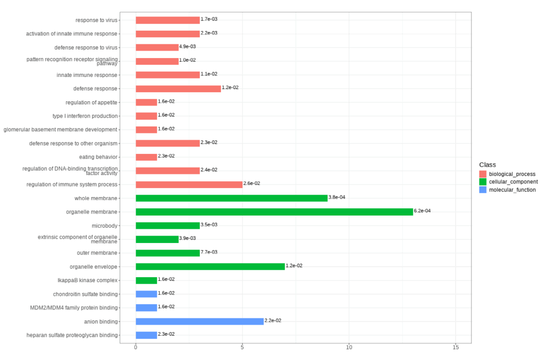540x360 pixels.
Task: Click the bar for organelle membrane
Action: click(274, 212)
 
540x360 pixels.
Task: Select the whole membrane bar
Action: click(232, 198)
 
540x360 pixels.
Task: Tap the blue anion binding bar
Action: click(199, 322)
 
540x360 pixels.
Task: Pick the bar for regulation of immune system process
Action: click(189, 184)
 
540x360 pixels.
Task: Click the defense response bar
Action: click(178, 89)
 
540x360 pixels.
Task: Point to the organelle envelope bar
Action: click(210, 267)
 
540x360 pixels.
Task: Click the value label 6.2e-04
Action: click(422, 211)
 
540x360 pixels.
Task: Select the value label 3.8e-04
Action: click(337, 197)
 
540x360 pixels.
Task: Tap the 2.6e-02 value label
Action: click(252, 183)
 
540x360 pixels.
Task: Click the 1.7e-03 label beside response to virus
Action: click(209, 19)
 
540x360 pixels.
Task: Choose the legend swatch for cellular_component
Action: click(483, 182)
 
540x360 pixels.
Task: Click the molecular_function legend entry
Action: click(512, 190)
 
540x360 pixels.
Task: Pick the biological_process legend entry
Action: click(512, 174)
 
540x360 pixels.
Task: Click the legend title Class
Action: click(487, 165)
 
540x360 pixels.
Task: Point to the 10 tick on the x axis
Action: click(349, 348)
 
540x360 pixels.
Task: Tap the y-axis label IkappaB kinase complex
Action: click(88, 280)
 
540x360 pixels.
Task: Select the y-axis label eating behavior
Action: click(98, 157)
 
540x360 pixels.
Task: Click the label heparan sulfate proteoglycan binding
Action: click(72, 335)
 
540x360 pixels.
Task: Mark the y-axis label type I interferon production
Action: click(85, 116)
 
